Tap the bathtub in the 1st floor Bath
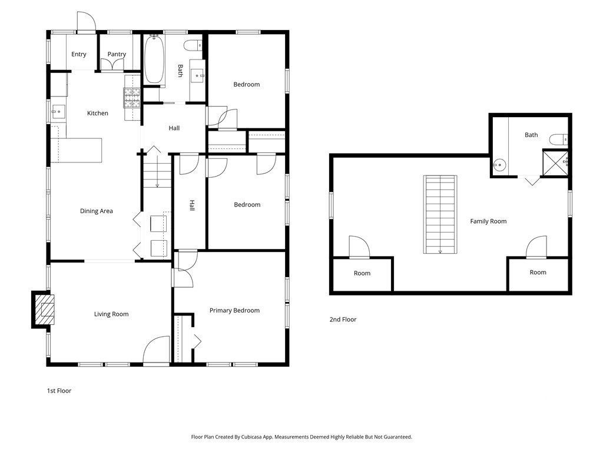pos(154,59)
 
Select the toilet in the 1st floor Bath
pos(193,45)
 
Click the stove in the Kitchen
pos(131,97)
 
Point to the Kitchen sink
pos(58,109)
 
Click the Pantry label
pos(117,54)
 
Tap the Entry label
pos(79,54)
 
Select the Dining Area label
pos(97,211)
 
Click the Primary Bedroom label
pos(234,311)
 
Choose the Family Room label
pos(488,221)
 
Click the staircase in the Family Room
pos(440,214)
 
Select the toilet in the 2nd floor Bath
pos(558,139)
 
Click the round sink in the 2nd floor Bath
pos(500,165)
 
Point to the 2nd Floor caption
pos(343,320)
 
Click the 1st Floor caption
pos(59,390)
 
